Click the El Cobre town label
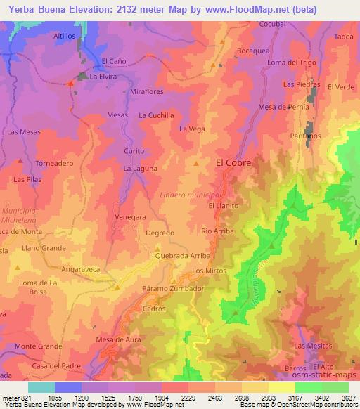tap(233, 162)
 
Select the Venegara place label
tap(131, 217)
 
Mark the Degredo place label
tap(160, 233)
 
